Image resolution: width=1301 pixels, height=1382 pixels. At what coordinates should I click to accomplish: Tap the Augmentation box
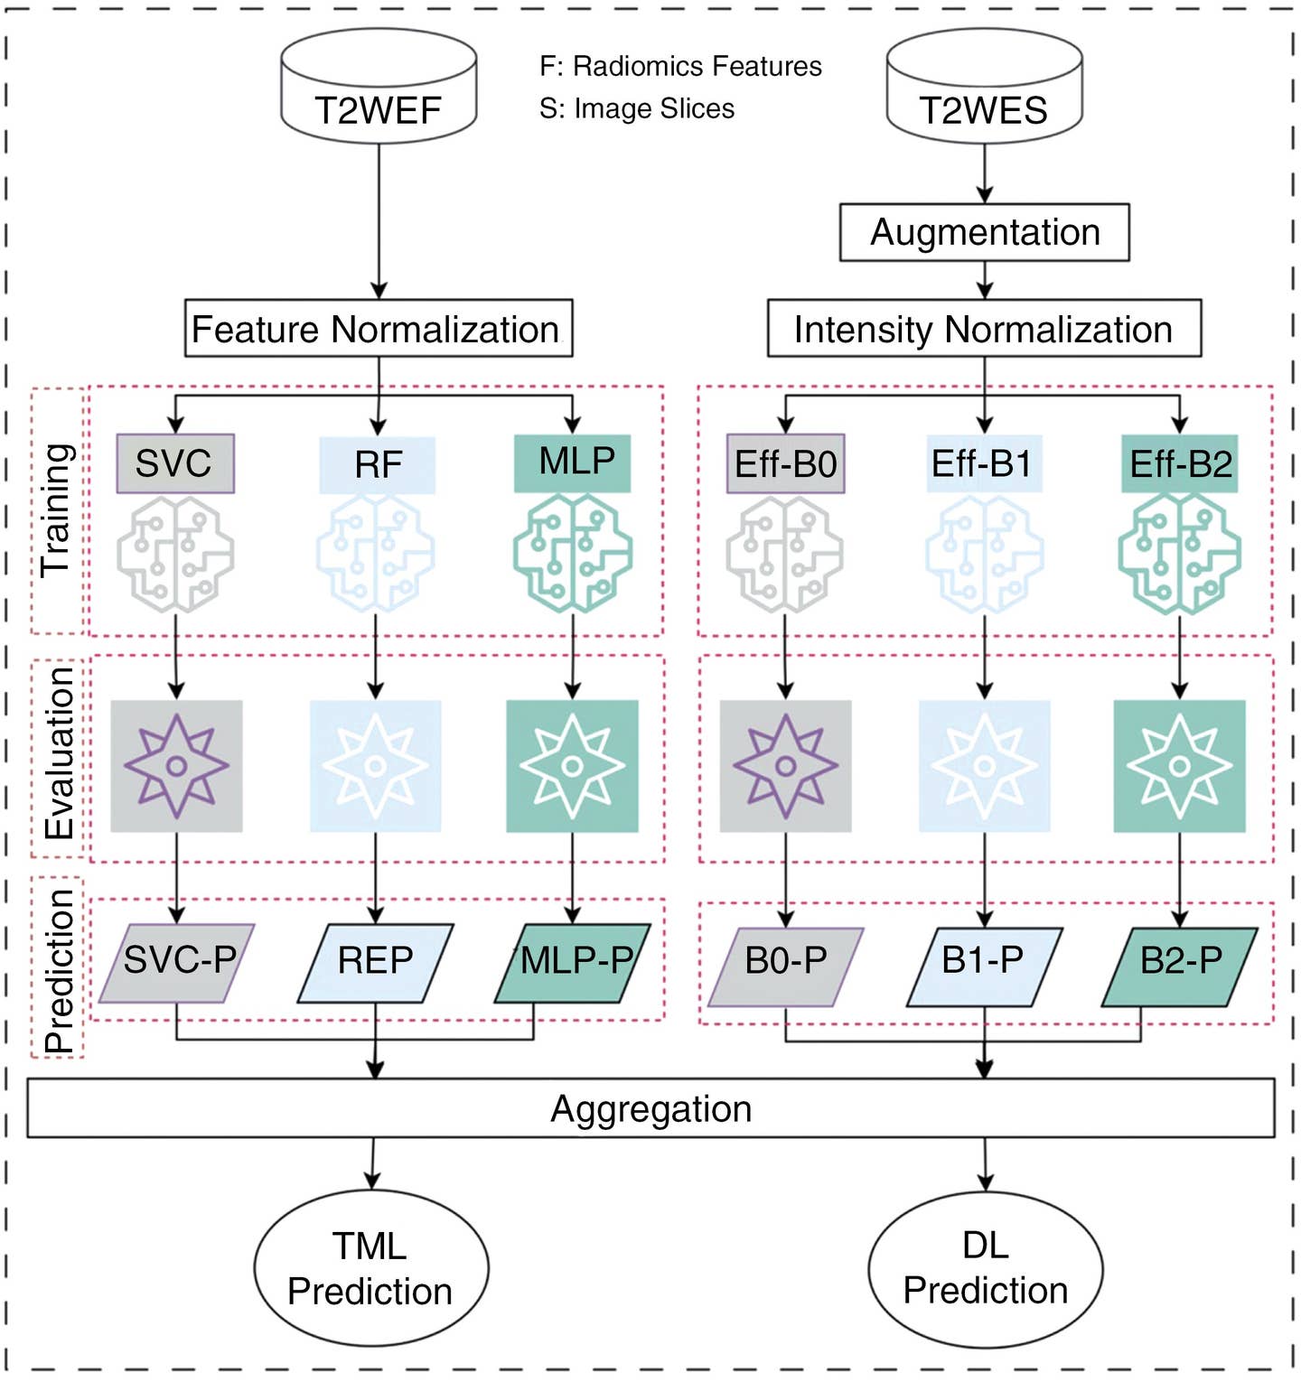984,232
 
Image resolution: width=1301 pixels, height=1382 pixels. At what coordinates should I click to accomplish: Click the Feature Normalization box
378,329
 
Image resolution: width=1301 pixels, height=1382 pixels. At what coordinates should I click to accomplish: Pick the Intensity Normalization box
984,329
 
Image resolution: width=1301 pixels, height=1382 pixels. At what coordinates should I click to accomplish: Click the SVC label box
174,463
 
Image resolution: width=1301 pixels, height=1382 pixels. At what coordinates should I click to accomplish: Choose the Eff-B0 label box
785,463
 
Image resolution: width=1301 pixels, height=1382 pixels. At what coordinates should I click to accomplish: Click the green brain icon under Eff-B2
1179,554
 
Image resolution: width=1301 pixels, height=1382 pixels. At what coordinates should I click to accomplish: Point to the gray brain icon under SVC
175,554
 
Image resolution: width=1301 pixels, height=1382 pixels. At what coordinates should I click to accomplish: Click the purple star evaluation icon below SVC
176,766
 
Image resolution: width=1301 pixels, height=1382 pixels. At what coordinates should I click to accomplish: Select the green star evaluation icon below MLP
572,766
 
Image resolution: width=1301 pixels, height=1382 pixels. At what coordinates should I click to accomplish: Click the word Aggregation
650,1108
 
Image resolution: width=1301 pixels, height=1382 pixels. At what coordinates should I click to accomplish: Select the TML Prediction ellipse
370,1268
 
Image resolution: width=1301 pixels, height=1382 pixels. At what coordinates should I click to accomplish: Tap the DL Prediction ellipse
985,1268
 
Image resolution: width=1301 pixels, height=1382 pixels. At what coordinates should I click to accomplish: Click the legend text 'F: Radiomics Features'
680,67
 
